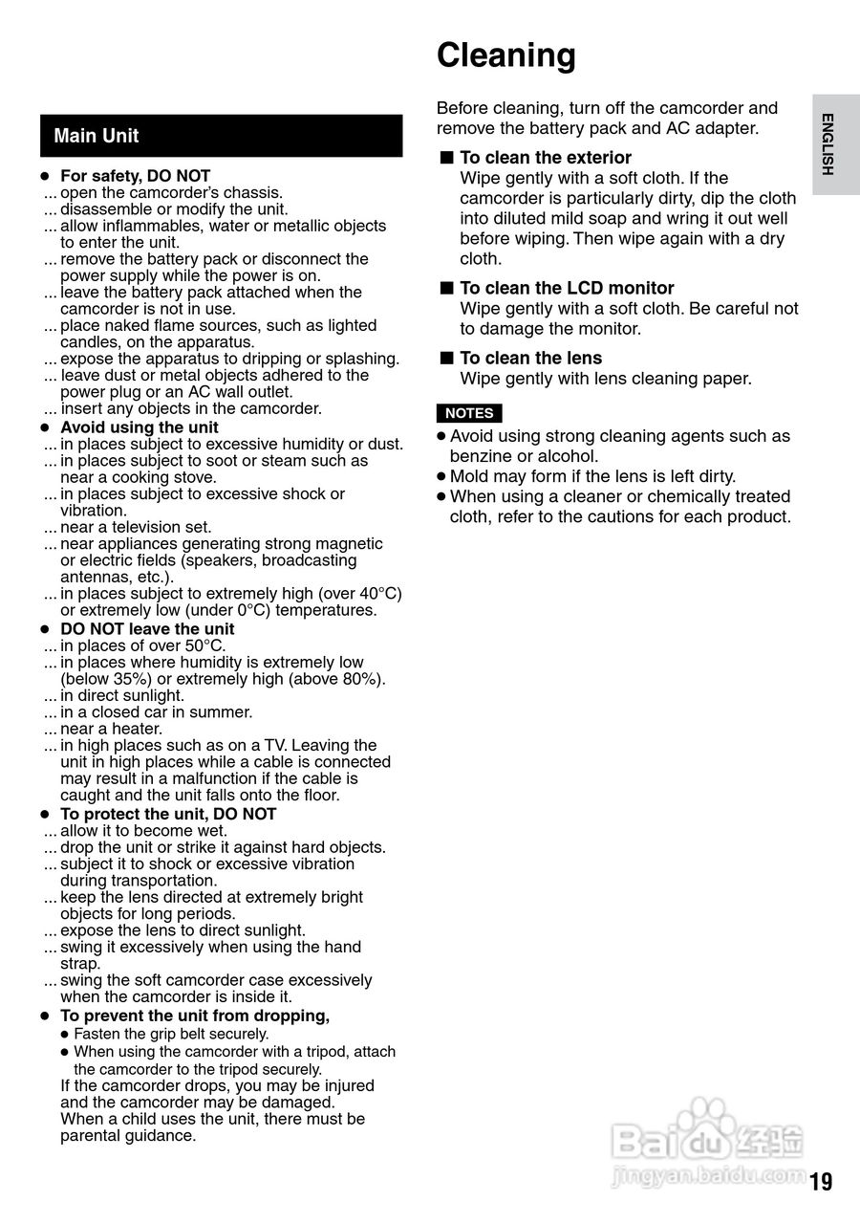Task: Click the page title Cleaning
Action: click(506, 55)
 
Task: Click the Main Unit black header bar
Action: click(221, 136)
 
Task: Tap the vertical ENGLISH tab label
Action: click(828, 143)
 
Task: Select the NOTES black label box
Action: click(469, 413)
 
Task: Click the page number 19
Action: click(821, 1182)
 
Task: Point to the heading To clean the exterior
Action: click(545, 158)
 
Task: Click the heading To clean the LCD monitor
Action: click(567, 288)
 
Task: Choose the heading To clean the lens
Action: click(530, 358)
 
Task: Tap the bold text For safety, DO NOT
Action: click(135, 176)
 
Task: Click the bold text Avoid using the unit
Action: click(139, 427)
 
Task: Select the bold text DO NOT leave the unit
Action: click(147, 628)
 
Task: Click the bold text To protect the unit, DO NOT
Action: click(168, 814)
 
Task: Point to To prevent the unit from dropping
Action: click(195, 1016)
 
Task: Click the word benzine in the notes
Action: click(480, 456)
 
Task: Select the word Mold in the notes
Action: click(468, 476)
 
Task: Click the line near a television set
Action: click(136, 527)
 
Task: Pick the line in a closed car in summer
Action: click(156, 712)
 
